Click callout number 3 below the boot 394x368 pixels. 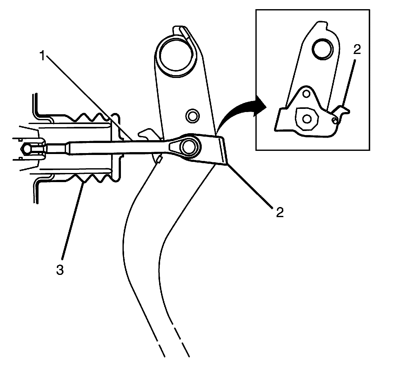point(60,270)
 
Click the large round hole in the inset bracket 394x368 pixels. point(322,49)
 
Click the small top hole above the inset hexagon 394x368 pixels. point(306,94)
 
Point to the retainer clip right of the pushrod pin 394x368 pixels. point(221,150)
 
